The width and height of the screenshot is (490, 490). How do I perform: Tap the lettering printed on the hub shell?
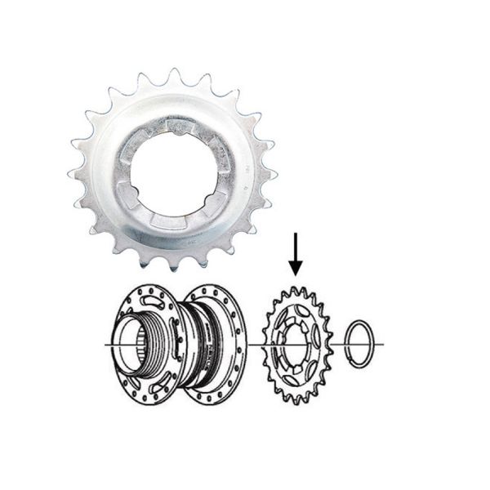point(215,343)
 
